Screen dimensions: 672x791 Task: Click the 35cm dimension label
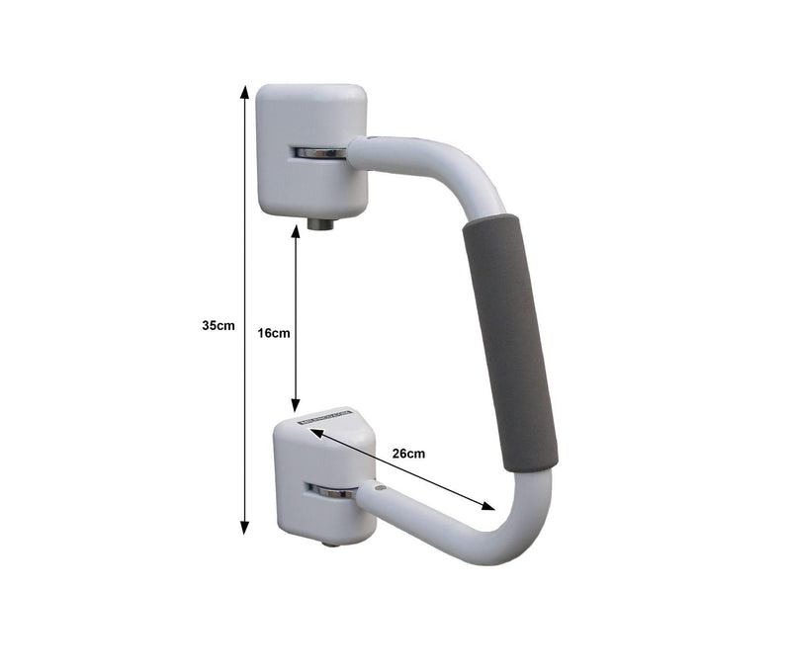click(x=218, y=325)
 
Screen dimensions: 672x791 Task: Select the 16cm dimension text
click(x=274, y=333)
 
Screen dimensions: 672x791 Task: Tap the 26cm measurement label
click(x=408, y=454)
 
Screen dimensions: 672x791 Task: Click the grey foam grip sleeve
click(x=510, y=341)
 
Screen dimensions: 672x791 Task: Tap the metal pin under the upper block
click(x=319, y=224)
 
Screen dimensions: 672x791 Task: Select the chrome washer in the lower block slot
click(x=330, y=490)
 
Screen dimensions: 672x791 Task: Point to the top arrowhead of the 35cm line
click(x=245, y=92)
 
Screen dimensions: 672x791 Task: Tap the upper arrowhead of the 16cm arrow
click(x=295, y=232)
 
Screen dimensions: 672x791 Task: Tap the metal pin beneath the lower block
click(x=329, y=545)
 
